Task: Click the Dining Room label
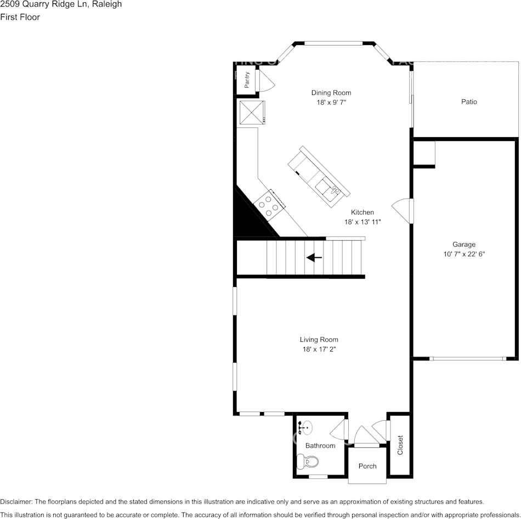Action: tap(331, 93)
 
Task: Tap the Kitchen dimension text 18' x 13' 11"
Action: tap(362, 222)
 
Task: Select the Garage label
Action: tap(463, 245)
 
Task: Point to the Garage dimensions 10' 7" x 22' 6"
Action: tap(463, 254)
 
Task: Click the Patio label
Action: tap(468, 102)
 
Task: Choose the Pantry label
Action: tap(247, 80)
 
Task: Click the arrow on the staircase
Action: tap(314, 257)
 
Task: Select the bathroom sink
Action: tap(305, 426)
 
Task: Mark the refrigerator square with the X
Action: tap(251, 112)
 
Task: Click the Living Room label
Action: tap(319, 340)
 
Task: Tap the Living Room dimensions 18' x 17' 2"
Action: tap(319, 349)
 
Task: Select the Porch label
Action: tap(367, 466)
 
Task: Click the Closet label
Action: tap(400, 445)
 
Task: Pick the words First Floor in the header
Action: tap(20, 17)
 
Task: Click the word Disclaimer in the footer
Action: tap(16, 501)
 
